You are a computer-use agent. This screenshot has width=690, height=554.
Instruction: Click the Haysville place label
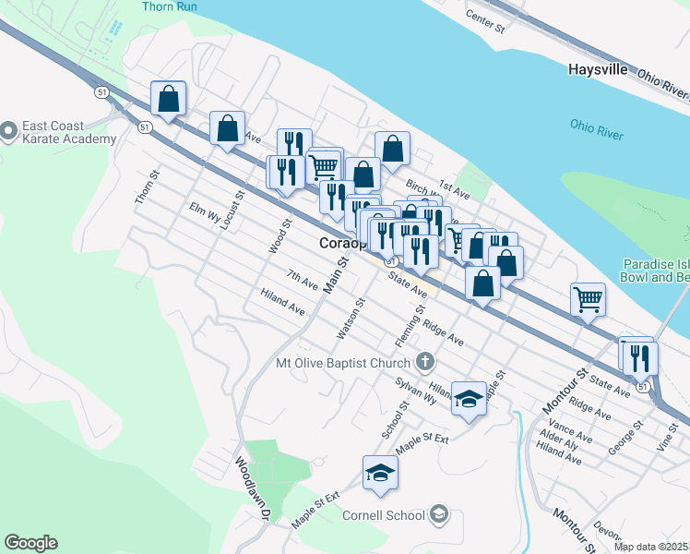pyautogui.click(x=598, y=69)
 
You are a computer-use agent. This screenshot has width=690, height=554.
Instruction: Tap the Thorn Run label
pyautogui.click(x=169, y=6)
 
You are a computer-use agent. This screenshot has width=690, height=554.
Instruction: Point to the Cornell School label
pyautogui.click(x=383, y=515)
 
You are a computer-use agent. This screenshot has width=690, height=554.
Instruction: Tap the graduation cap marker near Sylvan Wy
pyautogui.click(x=470, y=398)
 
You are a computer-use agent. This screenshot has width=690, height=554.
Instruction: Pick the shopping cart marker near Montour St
pyautogui.click(x=588, y=299)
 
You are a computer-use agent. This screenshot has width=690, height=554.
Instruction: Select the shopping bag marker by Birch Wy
pyautogui.click(x=392, y=148)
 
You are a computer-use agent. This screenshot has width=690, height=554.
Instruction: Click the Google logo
pyautogui.click(x=30, y=543)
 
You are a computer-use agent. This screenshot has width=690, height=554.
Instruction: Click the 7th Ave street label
pyautogui.click(x=302, y=278)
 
